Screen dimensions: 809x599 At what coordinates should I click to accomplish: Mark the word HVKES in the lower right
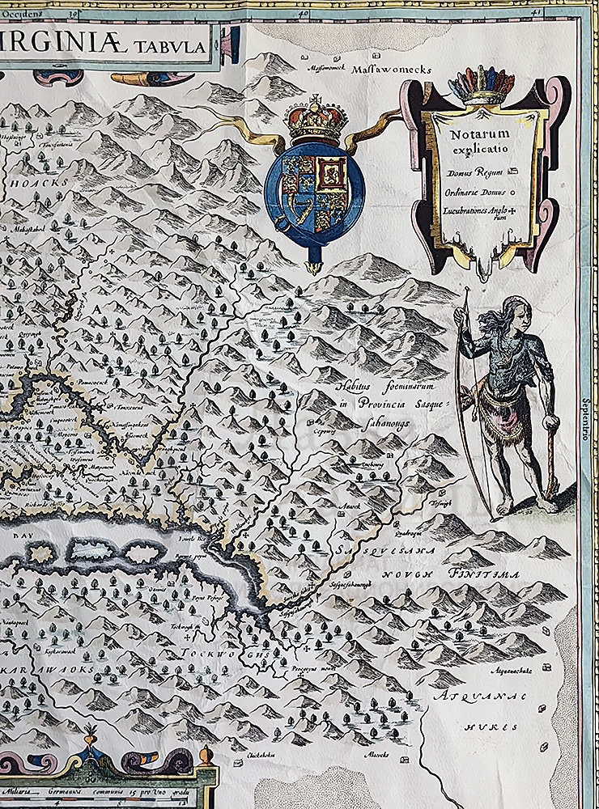point(486,726)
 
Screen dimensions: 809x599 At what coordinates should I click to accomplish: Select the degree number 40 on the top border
point(304,12)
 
